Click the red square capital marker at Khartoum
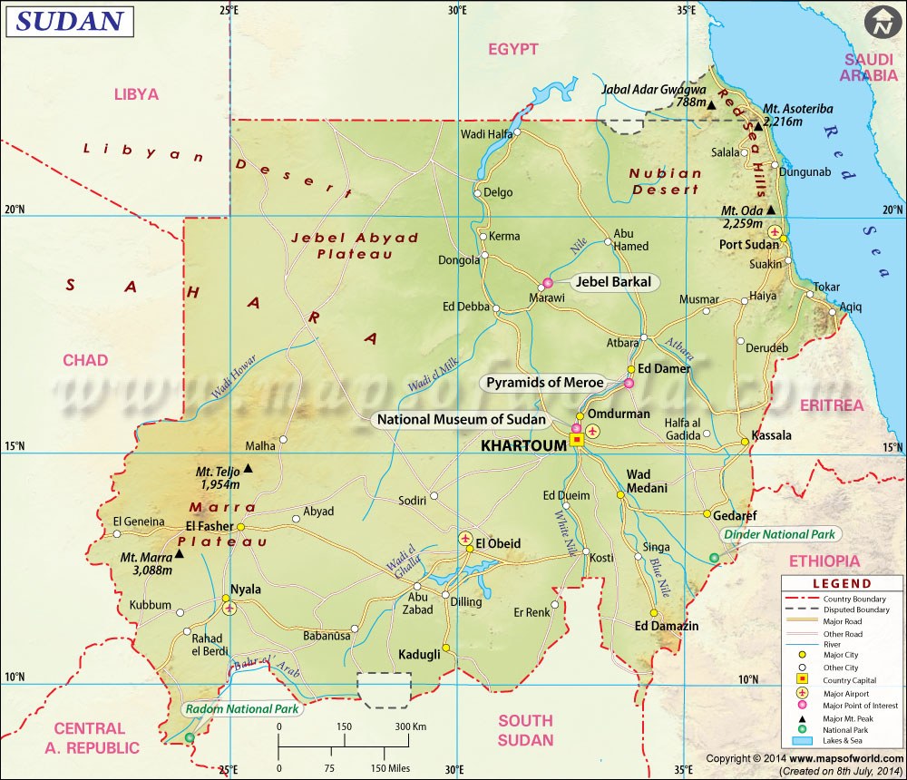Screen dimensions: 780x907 [576, 441]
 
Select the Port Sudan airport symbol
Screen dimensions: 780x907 [785, 230]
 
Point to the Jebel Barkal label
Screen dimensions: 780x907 [613, 282]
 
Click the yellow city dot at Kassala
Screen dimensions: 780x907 [745, 442]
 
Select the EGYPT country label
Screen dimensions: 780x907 [513, 49]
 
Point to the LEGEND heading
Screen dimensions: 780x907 [841, 584]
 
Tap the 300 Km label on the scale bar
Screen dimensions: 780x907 [411, 727]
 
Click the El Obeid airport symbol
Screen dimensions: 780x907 [466, 540]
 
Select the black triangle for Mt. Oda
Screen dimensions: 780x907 [771, 210]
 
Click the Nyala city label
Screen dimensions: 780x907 [245, 589]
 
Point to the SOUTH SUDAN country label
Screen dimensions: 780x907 [525, 730]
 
